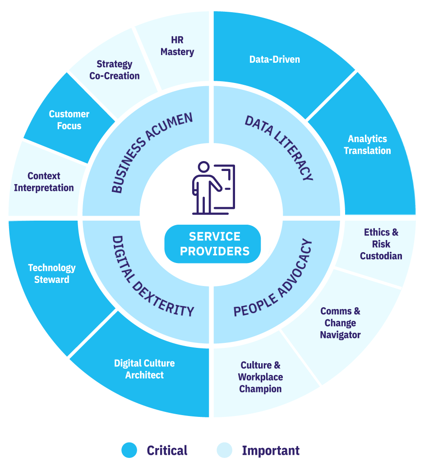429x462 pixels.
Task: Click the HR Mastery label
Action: (x=177, y=46)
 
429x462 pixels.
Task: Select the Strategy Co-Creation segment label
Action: (x=115, y=70)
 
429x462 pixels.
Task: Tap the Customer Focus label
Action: (x=69, y=120)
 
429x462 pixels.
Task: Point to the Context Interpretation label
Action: (x=44, y=182)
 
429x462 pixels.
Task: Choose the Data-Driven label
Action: (x=275, y=59)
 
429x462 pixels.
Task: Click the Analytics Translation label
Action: (x=367, y=145)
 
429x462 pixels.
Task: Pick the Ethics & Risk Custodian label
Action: (x=381, y=244)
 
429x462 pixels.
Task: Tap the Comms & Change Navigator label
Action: (x=340, y=323)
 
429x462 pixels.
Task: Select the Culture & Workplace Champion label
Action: (x=261, y=377)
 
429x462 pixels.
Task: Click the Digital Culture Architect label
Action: (x=144, y=369)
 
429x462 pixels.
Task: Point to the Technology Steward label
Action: (x=52, y=273)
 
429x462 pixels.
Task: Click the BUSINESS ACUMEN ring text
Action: (x=152, y=152)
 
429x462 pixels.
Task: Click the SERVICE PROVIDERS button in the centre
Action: (x=213, y=244)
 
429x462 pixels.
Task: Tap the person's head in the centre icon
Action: (x=204, y=166)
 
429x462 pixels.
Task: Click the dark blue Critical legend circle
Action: (x=129, y=450)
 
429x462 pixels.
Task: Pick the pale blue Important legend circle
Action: (x=224, y=450)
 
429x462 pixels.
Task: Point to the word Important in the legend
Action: (x=271, y=450)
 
